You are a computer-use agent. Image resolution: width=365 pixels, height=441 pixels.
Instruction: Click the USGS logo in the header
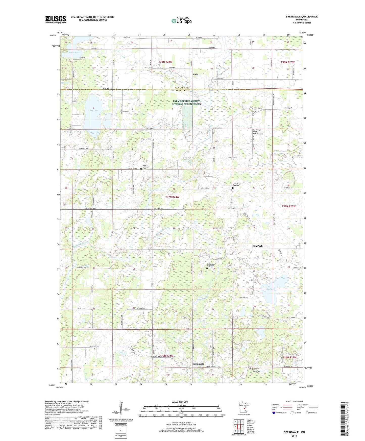[x=55, y=19]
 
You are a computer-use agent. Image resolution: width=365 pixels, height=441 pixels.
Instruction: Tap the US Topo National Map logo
[x=181, y=21]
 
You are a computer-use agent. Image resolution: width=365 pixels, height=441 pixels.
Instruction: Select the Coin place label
[x=195, y=74]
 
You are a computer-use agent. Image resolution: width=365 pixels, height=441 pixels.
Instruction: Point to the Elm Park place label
[x=257, y=246]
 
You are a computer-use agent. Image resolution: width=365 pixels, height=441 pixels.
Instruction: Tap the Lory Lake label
[x=93, y=111]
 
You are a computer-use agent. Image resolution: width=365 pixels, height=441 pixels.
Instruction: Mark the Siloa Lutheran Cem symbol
[x=141, y=169]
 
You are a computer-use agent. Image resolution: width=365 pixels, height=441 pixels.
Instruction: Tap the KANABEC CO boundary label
[x=182, y=88]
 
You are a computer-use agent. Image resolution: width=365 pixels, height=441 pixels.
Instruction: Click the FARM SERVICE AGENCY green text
[x=186, y=101]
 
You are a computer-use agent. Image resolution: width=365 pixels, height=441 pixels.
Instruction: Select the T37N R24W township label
[x=172, y=197]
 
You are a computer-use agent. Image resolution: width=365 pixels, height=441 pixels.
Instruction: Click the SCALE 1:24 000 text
[x=180, y=402]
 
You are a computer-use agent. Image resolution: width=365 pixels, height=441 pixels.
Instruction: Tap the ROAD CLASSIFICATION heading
[x=294, y=401]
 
